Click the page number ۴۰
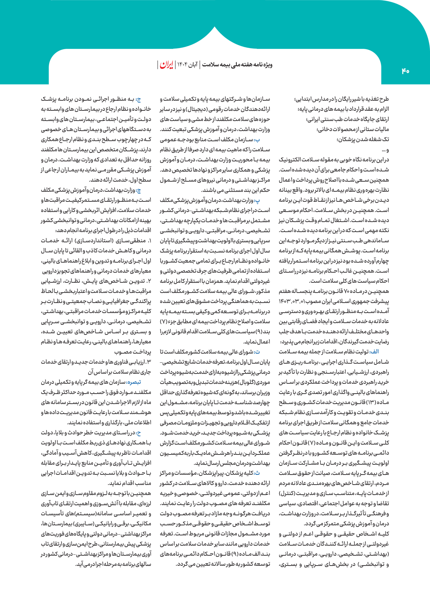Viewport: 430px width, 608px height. tap(405, 71)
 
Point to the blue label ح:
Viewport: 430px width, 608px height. tap(138, 433)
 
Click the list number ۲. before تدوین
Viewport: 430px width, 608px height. tap(149, 281)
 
